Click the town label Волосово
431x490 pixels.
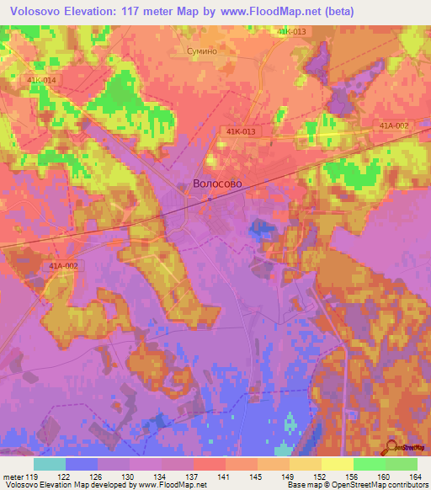point(217,183)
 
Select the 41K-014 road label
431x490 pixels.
point(40,80)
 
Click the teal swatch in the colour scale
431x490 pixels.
point(50,464)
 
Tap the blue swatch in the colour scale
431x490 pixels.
point(82,464)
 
